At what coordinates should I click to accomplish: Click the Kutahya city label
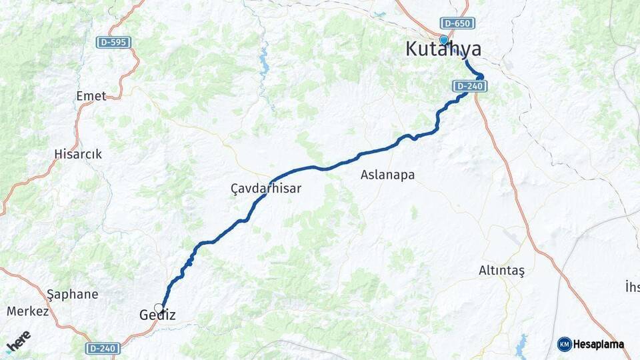443,50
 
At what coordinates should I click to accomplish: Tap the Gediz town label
158,315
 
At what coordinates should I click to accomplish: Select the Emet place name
91,96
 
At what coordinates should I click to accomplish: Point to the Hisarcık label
78,154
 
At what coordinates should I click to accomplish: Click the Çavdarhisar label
266,189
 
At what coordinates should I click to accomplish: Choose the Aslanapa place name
387,175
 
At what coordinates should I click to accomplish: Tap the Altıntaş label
502,271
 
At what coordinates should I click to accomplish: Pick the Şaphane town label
73,294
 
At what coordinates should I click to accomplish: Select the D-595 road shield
113,42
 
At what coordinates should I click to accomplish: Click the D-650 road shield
458,23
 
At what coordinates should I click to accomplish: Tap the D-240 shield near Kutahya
470,86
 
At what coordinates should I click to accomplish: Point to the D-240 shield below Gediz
103,348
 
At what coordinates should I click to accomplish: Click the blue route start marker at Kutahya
444,39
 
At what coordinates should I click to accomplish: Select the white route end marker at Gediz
159,307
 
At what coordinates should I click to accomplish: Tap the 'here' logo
18,341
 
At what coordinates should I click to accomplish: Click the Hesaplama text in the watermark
599,344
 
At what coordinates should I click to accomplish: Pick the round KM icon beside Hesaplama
565,344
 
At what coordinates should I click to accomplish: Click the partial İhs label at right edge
632,287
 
